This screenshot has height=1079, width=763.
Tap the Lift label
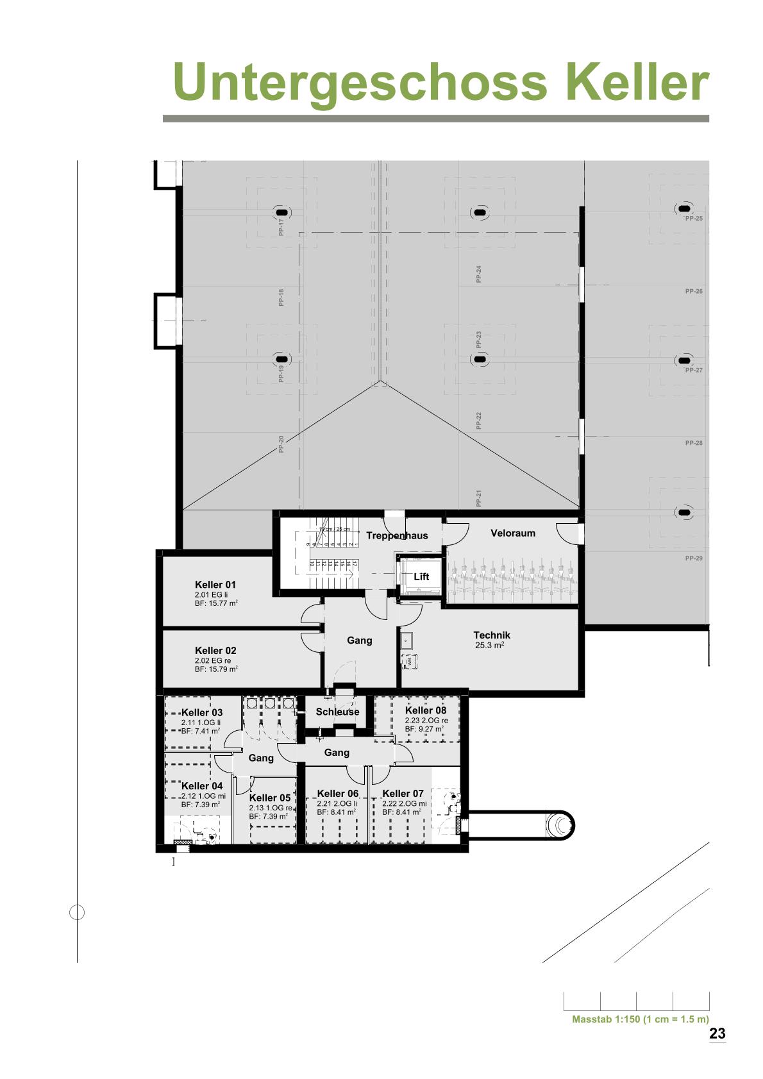click(421, 577)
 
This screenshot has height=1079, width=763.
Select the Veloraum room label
click(513, 533)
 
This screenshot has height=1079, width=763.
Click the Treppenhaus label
click(397, 535)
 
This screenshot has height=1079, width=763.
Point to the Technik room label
click(492, 635)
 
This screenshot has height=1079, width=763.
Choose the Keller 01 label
click(215, 585)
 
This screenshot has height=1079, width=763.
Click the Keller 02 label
click(215, 651)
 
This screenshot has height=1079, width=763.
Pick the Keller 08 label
click(426, 710)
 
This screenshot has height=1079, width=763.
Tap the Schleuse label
click(337, 712)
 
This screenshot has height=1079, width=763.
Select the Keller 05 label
click(270, 798)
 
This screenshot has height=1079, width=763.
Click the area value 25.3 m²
click(489, 646)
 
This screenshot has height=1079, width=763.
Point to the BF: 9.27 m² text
click(424, 729)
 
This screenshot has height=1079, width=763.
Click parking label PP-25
click(694, 219)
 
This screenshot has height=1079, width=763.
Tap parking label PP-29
click(694, 558)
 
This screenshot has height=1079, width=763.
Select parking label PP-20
click(281, 444)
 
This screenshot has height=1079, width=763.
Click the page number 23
click(717, 1033)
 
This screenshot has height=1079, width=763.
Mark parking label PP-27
click(694, 371)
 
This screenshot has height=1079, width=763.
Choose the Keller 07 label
click(403, 794)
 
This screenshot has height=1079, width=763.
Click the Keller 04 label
click(202, 786)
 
